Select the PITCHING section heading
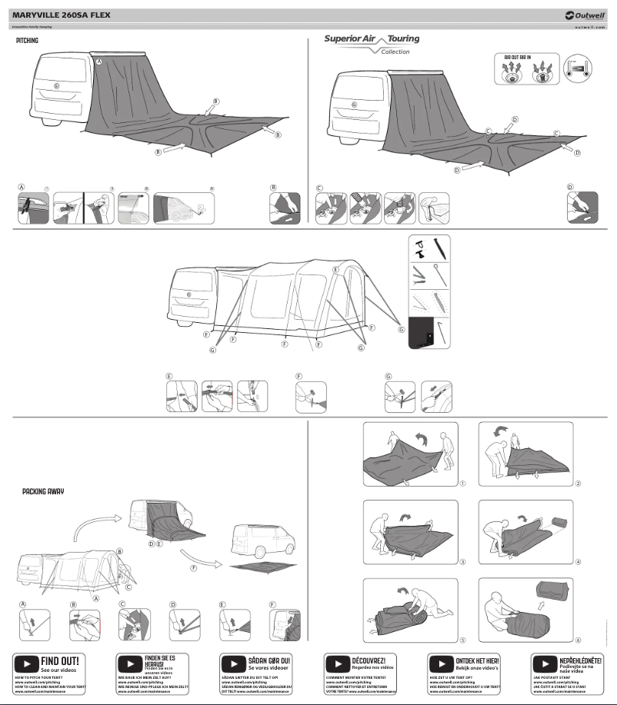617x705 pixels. [27, 40]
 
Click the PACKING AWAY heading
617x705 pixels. [43, 491]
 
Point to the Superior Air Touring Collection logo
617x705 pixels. [372, 43]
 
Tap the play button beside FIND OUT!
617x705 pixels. [26, 663]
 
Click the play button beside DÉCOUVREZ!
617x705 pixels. [336, 663]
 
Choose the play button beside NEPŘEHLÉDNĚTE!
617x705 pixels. [544, 663]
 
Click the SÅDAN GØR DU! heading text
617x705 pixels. [268, 660]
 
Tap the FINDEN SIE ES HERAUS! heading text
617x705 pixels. [160, 660]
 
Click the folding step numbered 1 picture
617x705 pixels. [410, 456]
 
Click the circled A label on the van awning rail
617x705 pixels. [98, 60]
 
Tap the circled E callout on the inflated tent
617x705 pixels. [335, 270]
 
